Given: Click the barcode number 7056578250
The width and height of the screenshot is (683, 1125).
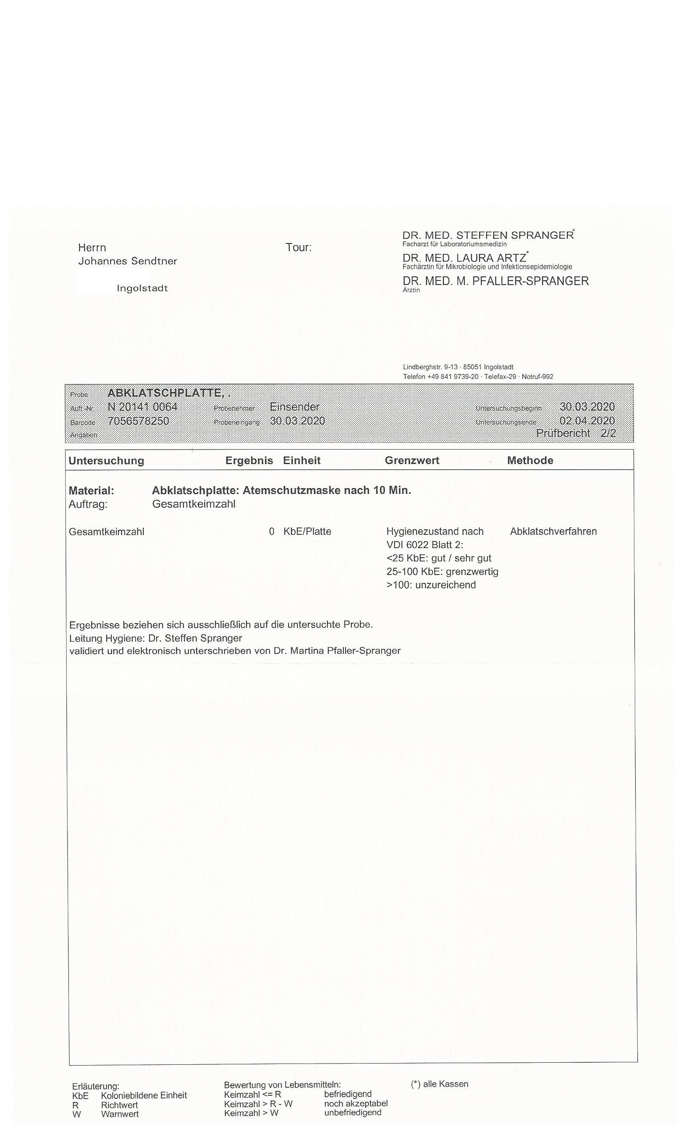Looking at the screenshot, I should [x=138, y=421].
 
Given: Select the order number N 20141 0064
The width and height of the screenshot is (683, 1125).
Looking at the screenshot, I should [x=143, y=406].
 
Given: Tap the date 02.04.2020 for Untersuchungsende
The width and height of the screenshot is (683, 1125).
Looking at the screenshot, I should [x=587, y=421].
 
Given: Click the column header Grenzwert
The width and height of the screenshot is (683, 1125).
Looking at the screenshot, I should [x=412, y=460].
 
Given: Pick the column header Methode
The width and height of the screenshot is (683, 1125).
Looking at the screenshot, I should [x=530, y=460].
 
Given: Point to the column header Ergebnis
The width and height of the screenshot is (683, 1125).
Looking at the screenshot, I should [x=249, y=460].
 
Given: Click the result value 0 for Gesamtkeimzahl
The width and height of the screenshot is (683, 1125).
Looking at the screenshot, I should [x=272, y=532].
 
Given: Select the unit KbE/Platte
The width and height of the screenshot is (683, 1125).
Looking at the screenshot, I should [x=307, y=532].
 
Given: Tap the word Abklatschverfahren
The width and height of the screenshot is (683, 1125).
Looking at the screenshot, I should [x=553, y=531].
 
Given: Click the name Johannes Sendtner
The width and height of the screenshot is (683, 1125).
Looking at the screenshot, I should [x=127, y=261].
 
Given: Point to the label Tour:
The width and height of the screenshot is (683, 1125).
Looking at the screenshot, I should [x=299, y=247].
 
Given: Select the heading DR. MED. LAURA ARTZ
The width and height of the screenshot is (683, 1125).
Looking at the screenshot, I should [x=464, y=258].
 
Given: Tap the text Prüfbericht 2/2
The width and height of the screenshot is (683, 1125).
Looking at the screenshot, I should [x=576, y=433].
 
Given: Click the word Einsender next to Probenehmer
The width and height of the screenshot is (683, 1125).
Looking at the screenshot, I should [x=294, y=406].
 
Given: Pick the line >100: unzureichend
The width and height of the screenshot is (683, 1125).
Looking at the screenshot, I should [x=431, y=585].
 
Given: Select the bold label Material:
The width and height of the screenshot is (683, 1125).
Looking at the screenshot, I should [x=91, y=491].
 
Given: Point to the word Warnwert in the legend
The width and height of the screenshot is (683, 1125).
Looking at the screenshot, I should [x=120, y=1114].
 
